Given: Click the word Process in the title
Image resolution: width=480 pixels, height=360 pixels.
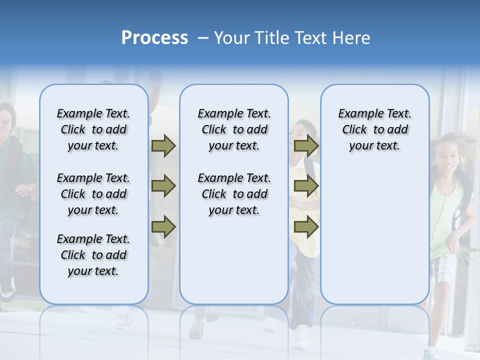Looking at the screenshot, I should click(x=154, y=38).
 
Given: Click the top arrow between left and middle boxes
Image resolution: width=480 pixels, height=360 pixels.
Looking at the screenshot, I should click(x=163, y=145).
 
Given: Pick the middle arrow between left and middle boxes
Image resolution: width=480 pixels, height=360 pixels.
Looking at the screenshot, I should click(x=163, y=186).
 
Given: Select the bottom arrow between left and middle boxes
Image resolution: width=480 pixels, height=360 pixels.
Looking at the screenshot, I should click(x=163, y=227).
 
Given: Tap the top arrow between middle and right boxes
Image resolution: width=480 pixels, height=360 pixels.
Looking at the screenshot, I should click(x=306, y=145).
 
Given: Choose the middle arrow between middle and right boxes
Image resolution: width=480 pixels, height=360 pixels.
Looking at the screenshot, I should click(x=306, y=186).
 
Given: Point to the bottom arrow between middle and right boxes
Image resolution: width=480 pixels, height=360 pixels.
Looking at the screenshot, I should click(x=306, y=227).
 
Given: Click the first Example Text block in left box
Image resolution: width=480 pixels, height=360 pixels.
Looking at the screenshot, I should click(x=93, y=129).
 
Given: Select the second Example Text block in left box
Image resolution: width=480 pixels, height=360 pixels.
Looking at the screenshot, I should click(x=93, y=194).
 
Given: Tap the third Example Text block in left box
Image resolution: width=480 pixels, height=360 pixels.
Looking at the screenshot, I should click(x=93, y=255).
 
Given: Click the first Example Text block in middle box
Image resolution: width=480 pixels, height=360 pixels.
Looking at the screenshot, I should click(x=234, y=129).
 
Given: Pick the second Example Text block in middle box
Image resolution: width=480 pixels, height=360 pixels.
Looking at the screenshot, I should click(x=234, y=194).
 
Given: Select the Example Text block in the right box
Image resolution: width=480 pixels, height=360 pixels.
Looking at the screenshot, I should click(x=374, y=129).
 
